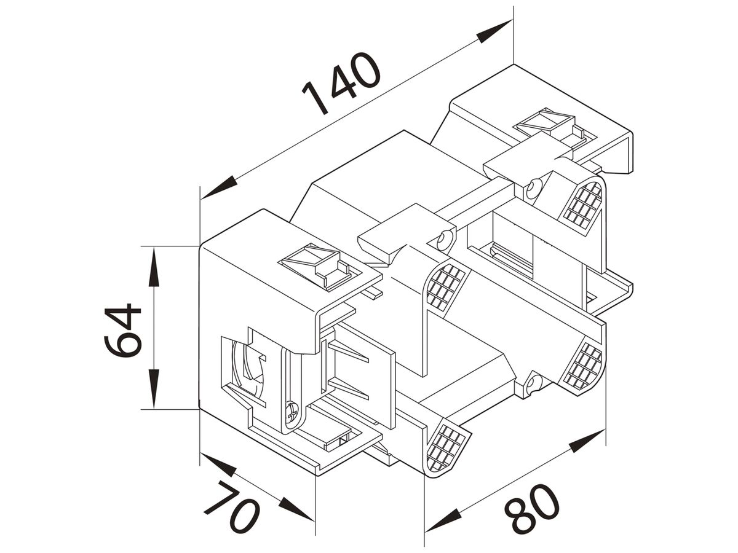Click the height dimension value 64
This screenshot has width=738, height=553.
click(122, 331)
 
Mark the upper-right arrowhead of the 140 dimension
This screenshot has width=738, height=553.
click(494, 31)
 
